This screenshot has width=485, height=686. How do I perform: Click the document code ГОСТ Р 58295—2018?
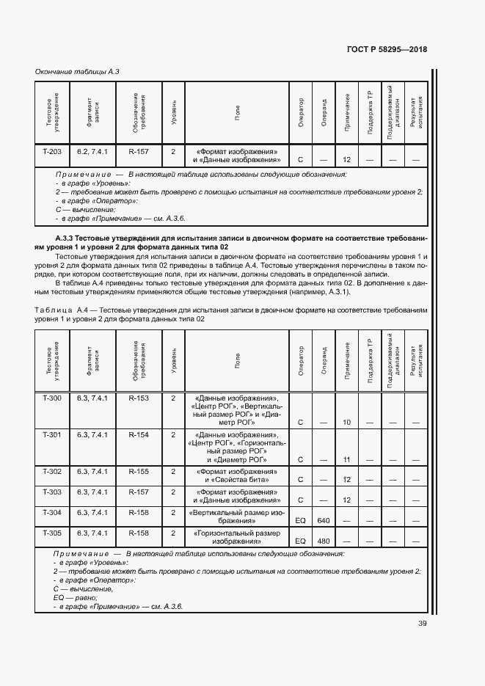(x=386, y=50)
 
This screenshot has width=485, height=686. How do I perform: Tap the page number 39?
(x=422, y=624)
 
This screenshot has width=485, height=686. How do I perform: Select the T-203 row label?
(x=52, y=151)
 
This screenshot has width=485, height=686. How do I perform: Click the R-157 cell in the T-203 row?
(x=139, y=151)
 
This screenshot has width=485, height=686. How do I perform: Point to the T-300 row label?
(x=52, y=398)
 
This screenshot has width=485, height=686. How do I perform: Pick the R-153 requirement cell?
(x=139, y=398)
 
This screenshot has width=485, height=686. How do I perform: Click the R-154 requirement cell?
(x=139, y=435)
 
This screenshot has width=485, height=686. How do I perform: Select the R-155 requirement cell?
(x=139, y=471)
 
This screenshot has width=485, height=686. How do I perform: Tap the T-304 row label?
(x=52, y=512)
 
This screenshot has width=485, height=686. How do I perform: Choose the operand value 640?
(x=324, y=520)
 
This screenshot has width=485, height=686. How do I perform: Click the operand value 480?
(x=324, y=541)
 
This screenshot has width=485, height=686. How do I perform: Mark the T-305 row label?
(x=52, y=533)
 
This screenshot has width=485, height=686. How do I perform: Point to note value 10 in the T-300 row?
(x=347, y=423)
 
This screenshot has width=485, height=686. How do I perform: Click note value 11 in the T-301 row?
(x=347, y=459)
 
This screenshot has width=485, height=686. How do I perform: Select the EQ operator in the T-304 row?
(x=300, y=520)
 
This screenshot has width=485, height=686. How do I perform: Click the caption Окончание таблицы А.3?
(x=77, y=71)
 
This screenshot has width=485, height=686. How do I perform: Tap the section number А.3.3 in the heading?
(x=67, y=239)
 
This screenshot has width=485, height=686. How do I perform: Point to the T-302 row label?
(x=52, y=471)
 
